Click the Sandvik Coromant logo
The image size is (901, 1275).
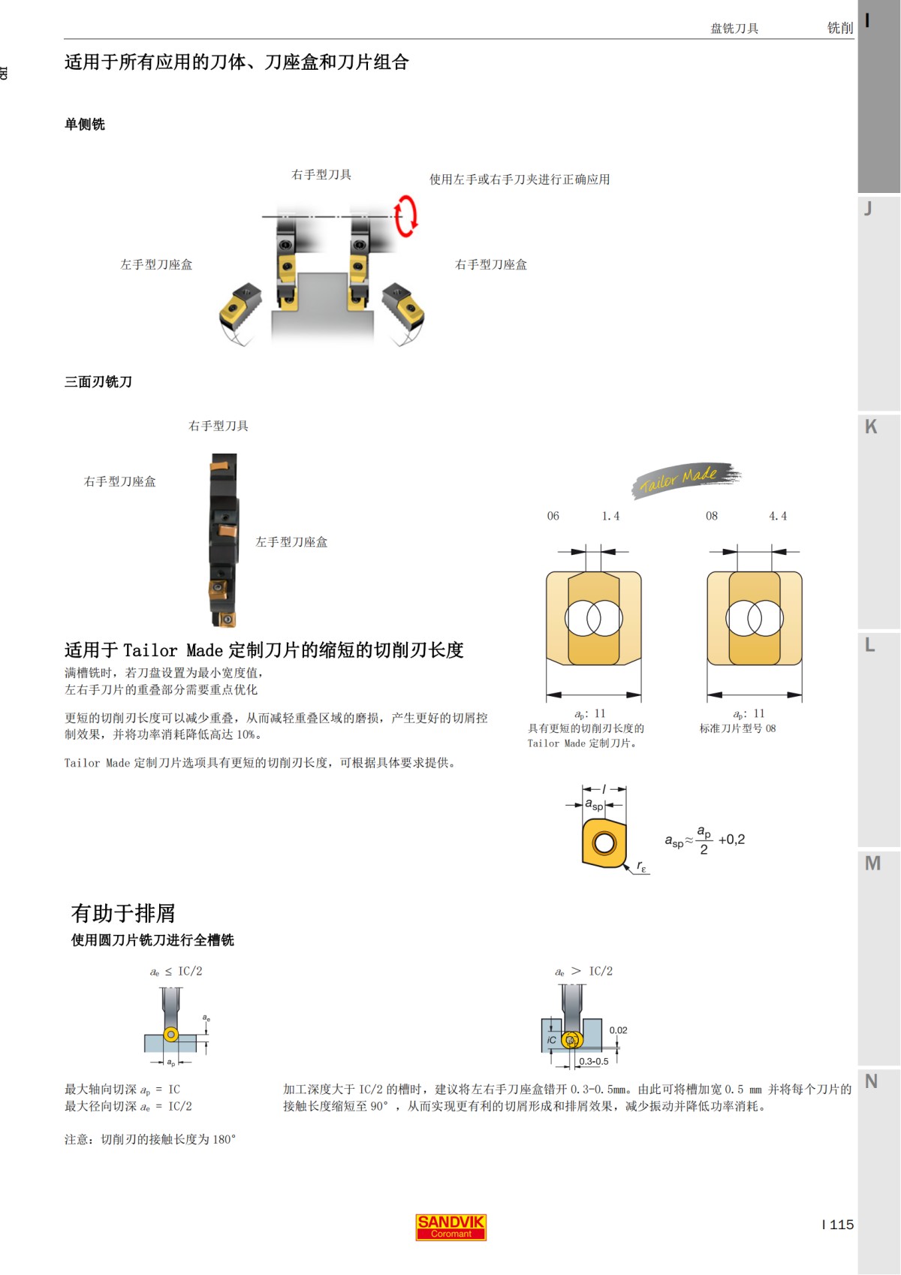point(451,1227)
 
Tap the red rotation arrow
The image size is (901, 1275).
point(406,216)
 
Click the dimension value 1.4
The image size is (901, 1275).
point(610,517)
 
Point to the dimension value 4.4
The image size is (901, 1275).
point(778,517)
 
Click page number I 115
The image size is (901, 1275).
point(838,1225)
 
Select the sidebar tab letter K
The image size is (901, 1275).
point(871,427)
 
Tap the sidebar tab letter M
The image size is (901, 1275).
point(872,864)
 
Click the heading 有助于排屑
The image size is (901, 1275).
point(123,913)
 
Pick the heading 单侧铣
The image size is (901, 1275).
point(85,125)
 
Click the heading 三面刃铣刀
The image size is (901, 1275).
point(98,382)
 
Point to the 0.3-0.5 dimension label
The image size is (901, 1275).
point(593,1062)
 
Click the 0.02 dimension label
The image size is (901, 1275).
point(618,1030)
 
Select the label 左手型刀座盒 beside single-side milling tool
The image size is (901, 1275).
point(156,265)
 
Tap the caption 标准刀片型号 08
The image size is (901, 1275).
point(737,728)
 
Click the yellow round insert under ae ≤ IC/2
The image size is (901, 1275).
point(171,1035)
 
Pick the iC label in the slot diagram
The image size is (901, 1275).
point(552,1040)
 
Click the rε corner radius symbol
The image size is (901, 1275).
point(641,867)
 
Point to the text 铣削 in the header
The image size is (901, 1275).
point(839,29)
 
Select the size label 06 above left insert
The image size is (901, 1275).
point(553,517)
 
